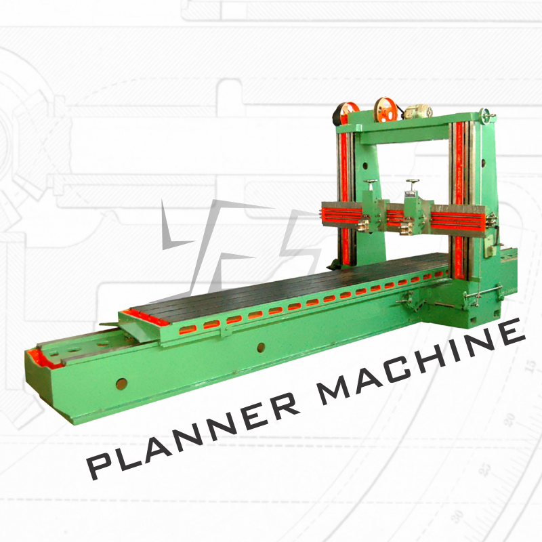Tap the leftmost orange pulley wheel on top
click(346, 113)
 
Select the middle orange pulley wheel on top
click(385, 109)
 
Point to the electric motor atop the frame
click(418, 111)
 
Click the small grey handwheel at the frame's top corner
click(486, 114)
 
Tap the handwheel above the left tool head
click(371, 182)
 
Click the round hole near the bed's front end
click(121, 383)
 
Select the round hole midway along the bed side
click(261, 348)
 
